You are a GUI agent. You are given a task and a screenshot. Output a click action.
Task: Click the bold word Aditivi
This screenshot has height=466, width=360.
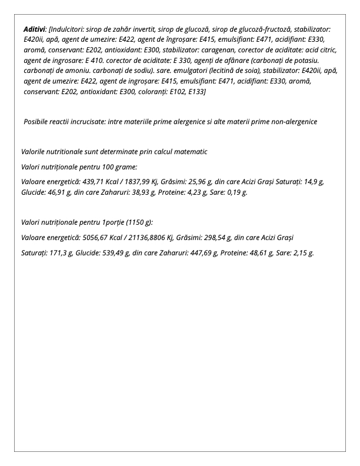35,29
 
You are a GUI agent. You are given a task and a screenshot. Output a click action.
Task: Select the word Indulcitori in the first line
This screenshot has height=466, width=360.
69,29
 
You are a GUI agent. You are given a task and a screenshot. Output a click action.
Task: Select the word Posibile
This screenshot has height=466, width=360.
37,121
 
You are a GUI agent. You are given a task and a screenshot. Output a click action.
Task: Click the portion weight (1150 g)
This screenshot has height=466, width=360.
139,222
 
